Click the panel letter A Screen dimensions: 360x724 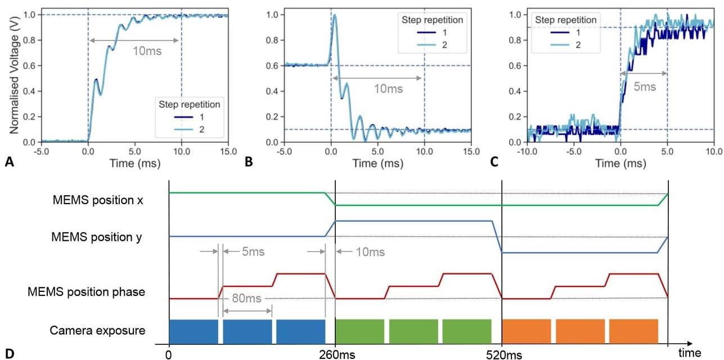point(8,163)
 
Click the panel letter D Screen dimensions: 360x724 point(8,354)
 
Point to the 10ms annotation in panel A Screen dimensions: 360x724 point(147,50)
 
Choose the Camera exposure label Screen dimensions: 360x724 point(97,330)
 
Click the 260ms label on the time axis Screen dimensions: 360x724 point(335,354)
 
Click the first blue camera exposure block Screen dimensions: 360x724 point(193,331)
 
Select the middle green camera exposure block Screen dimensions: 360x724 point(413,331)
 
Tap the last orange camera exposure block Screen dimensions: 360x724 point(633,331)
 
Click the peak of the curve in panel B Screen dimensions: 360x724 point(335,16)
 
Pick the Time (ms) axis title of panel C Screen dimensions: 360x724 point(620,164)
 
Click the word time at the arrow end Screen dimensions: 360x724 point(689,353)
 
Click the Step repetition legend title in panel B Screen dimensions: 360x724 point(431,20)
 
